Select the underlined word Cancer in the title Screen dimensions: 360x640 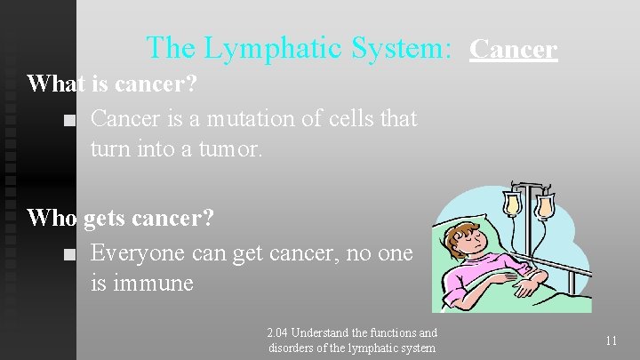(514, 49)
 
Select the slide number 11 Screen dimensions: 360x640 (611, 340)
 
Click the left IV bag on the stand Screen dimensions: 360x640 (513, 204)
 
